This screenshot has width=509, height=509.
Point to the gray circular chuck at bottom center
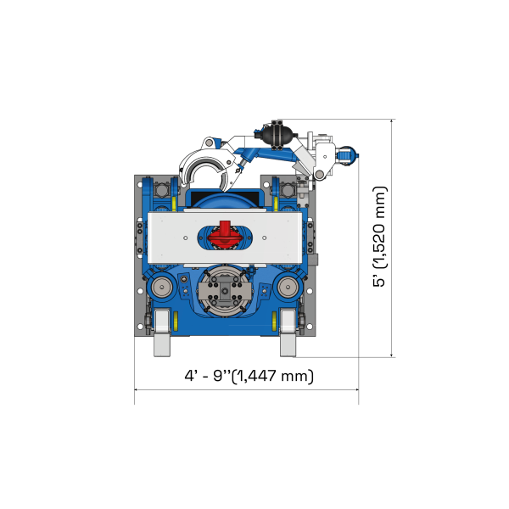(x=225, y=291)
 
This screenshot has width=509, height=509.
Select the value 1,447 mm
(x=273, y=375)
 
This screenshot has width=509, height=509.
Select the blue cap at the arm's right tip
(x=350, y=156)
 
